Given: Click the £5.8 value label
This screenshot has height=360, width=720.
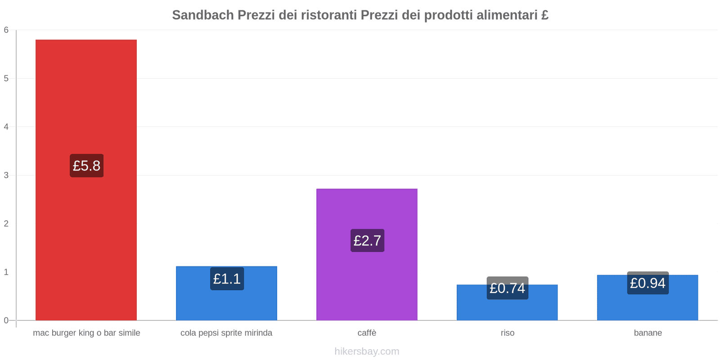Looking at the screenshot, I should (86, 166).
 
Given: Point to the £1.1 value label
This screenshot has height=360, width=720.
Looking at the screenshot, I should (227, 279).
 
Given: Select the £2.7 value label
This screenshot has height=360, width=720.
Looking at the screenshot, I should (367, 241).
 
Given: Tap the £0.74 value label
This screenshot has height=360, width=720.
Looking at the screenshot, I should (507, 288).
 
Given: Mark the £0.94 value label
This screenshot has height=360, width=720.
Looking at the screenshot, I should (648, 283).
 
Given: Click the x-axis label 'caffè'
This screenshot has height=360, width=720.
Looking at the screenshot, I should (367, 333).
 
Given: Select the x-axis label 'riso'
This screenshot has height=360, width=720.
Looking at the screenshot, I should (507, 333).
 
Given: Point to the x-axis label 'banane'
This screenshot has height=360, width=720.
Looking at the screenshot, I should (648, 333).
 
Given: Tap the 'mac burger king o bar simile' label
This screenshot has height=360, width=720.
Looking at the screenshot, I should (86, 333).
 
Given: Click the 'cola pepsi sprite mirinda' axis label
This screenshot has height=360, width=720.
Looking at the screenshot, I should (226, 333).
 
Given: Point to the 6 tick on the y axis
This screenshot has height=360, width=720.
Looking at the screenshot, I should (6, 30).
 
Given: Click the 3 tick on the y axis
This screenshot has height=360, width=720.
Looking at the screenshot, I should (6, 175).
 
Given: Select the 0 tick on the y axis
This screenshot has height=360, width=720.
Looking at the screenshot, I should (6, 320).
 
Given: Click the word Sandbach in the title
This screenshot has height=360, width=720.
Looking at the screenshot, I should (202, 15).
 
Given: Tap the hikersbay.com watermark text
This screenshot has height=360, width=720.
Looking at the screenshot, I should (367, 351).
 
